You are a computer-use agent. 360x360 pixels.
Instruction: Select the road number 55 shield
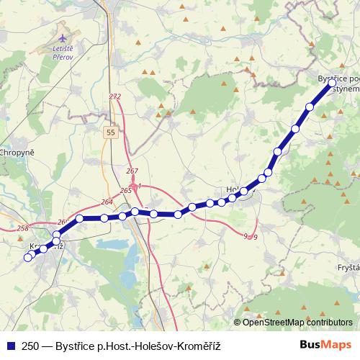click(x=109, y=132)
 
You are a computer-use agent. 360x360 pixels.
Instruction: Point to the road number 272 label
click(x=115, y=96)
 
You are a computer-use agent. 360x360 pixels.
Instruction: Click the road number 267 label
click(x=132, y=171)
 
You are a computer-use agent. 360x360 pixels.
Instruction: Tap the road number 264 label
click(x=107, y=202)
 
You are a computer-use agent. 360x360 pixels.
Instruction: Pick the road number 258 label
click(x=22, y=228)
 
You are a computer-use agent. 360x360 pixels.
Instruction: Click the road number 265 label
click(x=126, y=190)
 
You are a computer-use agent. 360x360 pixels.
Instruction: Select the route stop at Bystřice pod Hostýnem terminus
click(x=332, y=84)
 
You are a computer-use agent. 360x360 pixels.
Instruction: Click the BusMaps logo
click(x=325, y=345)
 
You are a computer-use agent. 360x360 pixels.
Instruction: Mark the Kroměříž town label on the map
click(x=45, y=246)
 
